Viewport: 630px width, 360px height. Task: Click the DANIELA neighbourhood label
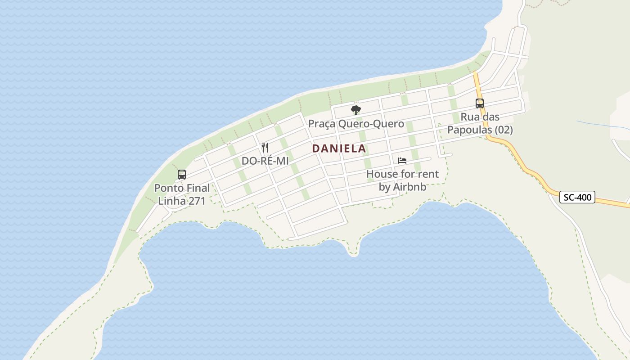tap(339, 148)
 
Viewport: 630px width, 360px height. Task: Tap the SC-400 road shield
tap(577, 197)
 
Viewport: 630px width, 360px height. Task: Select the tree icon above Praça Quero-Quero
tap(356, 110)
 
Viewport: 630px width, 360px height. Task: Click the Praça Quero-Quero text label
tap(356, 124)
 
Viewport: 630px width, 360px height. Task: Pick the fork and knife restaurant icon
tap(265, 148)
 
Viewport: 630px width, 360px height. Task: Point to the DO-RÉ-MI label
tap(265, 161)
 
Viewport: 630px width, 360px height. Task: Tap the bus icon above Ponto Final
tap(182, 175)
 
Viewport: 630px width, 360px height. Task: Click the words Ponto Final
tap(182, 188)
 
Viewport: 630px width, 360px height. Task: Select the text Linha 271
tap(182, 201)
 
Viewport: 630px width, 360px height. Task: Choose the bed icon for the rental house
tap(402, 161)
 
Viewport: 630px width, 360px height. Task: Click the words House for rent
tap(402, 174)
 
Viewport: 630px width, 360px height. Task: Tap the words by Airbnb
tap(402, 187)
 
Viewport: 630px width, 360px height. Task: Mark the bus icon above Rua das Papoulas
tap(480, 103)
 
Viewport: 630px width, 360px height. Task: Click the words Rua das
tap(480, 117)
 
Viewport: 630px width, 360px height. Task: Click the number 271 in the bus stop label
tap(197, 201)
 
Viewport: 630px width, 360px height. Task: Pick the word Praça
tap(321, 124)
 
